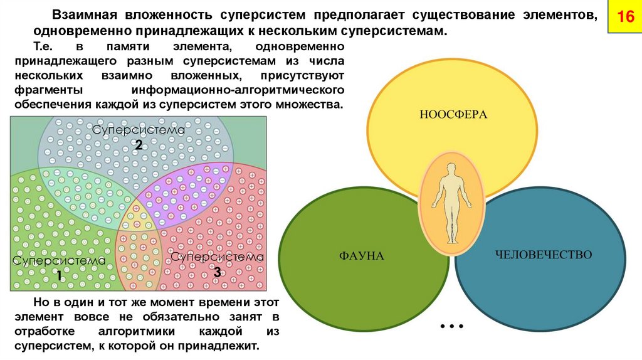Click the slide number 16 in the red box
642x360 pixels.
625,17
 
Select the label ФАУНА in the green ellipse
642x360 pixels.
361,256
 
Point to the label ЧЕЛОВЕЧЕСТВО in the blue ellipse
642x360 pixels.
544,255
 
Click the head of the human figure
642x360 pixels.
451,168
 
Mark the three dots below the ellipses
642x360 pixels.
451,327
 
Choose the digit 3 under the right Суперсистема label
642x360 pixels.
216,272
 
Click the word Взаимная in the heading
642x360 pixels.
87,14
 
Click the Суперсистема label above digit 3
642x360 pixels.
217,257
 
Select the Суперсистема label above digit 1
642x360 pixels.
59,260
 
